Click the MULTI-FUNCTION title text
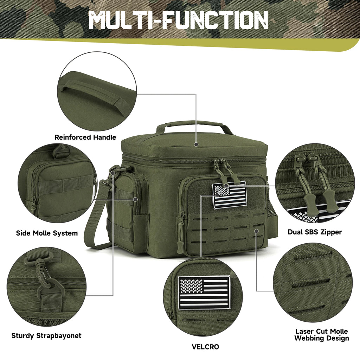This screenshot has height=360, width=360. [x=178, y=20]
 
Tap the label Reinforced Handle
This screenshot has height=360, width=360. [x=85, y=137]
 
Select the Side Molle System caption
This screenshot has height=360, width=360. [x=47, y=233]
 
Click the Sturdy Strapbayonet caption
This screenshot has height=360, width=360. [x=46, y=336]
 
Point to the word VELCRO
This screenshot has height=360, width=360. [x=205, y=347]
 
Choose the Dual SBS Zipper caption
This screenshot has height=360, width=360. [x=315, y=232]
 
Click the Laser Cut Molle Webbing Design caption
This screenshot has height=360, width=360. [x=322, y=335]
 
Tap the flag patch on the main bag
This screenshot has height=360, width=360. [x=230, y=195]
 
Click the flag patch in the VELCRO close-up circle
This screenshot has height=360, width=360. [x=204, y=292]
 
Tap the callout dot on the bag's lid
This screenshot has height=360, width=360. [x=196, y=144]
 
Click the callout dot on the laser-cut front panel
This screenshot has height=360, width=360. [x=257, y=231]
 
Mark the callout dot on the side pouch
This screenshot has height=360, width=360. [x=135, y=199]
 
